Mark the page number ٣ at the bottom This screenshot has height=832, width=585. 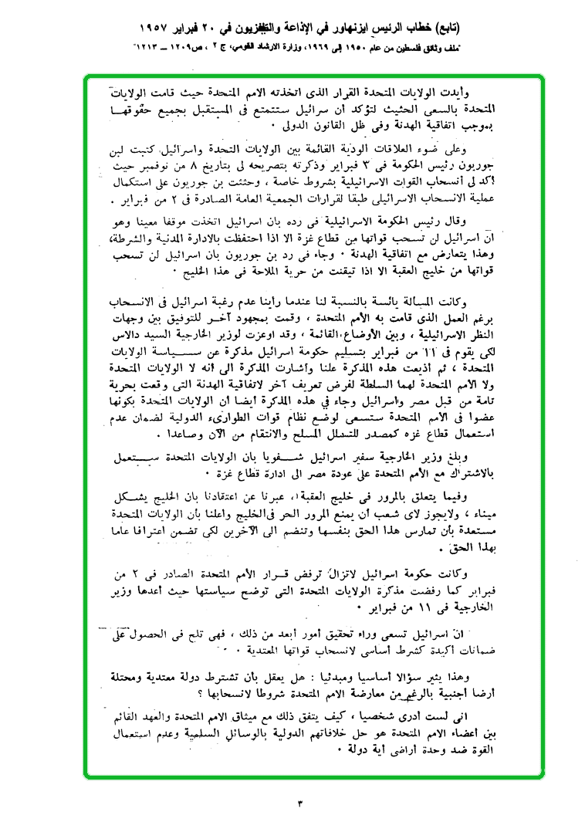299,804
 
